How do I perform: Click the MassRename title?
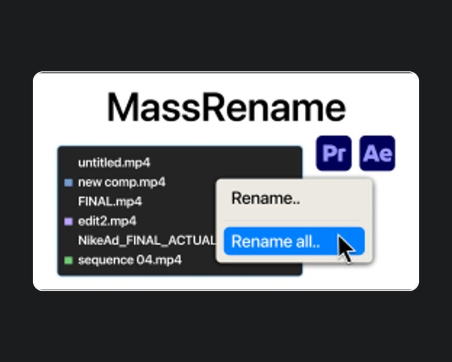226,107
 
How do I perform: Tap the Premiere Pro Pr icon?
334,153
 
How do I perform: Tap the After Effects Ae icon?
377,153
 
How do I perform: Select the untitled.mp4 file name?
114,163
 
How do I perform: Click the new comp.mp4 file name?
122,182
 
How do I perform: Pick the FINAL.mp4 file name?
110,202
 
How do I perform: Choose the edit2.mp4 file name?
107,221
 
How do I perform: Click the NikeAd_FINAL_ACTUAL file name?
147,241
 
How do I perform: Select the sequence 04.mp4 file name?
129,260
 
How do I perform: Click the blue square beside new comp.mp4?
68,183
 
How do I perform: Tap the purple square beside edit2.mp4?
68,222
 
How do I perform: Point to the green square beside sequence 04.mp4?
68,261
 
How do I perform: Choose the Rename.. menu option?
266,198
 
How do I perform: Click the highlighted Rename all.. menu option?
294,241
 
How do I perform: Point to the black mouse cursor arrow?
346,248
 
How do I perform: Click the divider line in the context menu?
293,221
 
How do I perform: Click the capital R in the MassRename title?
213,107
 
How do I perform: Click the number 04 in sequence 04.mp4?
144,260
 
